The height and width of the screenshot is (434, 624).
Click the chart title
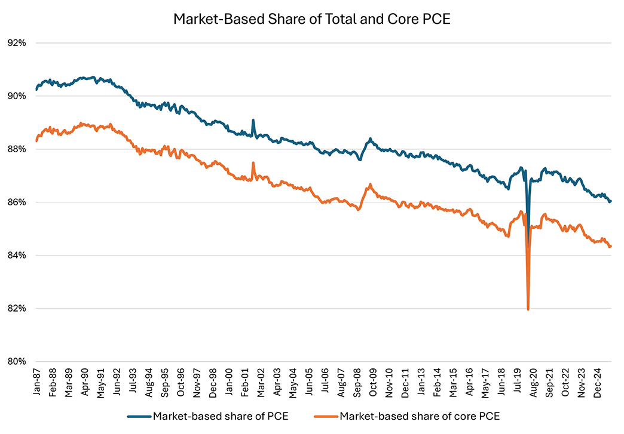coord(311,19)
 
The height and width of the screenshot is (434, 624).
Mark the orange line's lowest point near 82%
coord(528,309)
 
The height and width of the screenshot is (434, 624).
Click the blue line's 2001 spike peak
coord(253,120)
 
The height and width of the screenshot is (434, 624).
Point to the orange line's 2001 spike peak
coord(253,162)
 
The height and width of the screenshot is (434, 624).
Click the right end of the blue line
coord(611,201)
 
